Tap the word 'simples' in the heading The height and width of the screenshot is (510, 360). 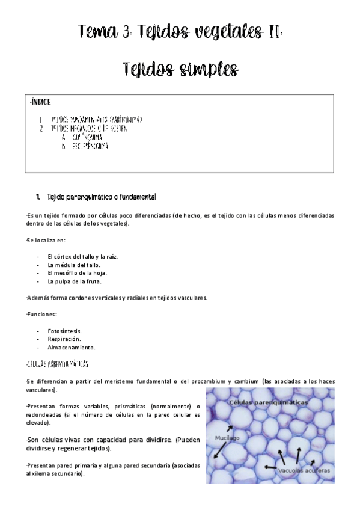204,69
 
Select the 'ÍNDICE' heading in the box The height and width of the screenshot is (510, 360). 40,102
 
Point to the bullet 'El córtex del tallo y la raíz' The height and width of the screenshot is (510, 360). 82,256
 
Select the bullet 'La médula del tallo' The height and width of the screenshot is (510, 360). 73,265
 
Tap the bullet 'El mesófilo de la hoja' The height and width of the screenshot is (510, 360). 77,272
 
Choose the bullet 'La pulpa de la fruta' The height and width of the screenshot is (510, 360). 75,281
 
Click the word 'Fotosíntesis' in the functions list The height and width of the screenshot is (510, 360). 64,331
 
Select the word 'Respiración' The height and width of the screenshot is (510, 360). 64,339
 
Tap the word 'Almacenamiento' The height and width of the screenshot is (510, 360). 71,347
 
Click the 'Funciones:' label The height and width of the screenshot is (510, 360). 42,314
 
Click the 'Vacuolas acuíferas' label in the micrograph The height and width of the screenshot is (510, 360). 304,471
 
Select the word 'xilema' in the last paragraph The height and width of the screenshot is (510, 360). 42,473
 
